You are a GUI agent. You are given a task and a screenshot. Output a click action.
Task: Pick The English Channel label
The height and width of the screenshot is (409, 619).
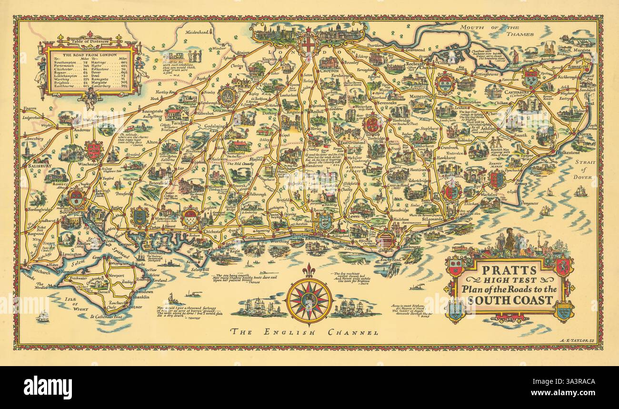coord(304,331)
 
